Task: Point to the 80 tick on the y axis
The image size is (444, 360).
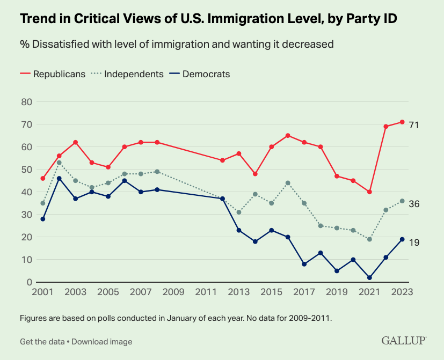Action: click(x=27, y=101)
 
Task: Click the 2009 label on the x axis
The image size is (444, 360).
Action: click(x=173, y=293)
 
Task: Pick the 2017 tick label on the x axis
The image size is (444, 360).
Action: click(x=304, y=293)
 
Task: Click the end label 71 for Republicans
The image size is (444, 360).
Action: click(x=413, y=125)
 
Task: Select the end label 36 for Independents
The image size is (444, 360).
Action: click(x=413, y=204)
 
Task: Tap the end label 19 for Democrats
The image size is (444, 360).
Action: click(x=413, y=243)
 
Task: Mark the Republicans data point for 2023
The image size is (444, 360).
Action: click(x=402, y=122)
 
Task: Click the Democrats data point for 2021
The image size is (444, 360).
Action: click(x=369, y=277)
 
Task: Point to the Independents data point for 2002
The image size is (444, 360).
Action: click(x=59, y=163)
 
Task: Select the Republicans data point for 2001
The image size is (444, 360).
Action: click(x=42, y=178)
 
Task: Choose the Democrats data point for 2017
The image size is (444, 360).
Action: click(x=304, y=264)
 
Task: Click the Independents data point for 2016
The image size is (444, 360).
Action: click(x=288, y=183)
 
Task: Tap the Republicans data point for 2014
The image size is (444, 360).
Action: click(x=255, y=174)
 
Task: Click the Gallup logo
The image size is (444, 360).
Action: click(x=404, y=341)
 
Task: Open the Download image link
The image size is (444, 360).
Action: click(x=102, y=341)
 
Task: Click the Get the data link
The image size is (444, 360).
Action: click(x=42, y=341)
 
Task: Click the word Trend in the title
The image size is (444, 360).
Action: click(x=40, y=19)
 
